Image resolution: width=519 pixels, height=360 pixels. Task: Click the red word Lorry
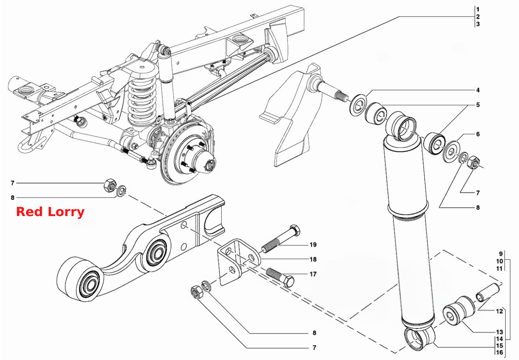(66, 212)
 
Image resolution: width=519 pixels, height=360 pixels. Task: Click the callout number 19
(313, 244)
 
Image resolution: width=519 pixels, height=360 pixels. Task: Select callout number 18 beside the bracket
(313, 259)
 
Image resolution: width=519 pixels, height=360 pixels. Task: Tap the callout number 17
(313, 274)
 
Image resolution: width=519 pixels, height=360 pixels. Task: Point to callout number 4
(478, 90)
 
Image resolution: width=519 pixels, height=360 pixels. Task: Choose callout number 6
(478, 134)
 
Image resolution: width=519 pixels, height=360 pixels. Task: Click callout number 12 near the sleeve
(499, 311)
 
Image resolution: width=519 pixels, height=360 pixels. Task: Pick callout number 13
(499, 332)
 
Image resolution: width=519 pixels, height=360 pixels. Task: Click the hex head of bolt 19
(295, 230)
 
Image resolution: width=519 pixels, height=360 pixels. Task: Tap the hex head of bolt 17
(288, 282)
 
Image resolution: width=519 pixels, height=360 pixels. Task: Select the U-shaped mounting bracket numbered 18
(239, 262)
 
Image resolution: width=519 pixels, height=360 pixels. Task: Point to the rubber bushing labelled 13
(459, 311)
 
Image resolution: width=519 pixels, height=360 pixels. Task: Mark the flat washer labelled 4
(358, 105)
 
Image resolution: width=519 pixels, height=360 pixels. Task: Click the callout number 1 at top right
(478, 9)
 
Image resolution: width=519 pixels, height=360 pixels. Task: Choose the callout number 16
(499, 353)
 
